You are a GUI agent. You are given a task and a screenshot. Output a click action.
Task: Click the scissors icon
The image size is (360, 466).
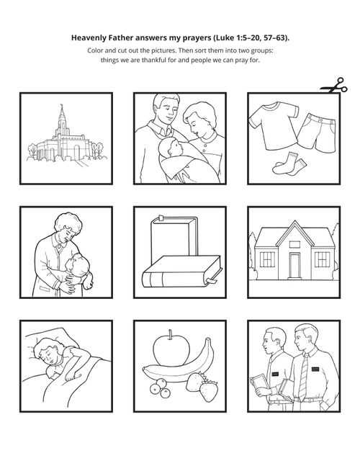click(x=334, y=86)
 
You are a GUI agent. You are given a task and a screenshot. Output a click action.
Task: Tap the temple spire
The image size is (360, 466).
click(x=62, y=117)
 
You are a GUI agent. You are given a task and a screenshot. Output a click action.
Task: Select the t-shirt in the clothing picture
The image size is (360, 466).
click(x=274, y=125)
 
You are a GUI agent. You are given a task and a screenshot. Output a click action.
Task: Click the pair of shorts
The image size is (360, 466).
click(x=317, y=133)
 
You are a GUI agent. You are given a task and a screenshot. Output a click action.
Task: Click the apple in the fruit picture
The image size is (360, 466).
click(x=171, y=350)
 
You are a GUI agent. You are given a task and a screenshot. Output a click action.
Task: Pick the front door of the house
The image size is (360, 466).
click(x=294, y=266)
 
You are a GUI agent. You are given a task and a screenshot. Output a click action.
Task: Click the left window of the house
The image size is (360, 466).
click(x=267, y=259)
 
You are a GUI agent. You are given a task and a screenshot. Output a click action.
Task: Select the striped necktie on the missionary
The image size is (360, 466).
click(x=304, y=377)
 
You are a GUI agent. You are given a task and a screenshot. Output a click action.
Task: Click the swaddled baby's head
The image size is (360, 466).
click(x=170, y=147)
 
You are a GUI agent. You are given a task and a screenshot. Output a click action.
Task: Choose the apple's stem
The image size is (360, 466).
click(x=171, y=334)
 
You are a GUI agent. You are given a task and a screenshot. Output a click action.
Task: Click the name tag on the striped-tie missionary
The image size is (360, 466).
click(x=315, y=369)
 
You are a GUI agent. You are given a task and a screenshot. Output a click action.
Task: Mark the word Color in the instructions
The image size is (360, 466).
click(x=95, y=50)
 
